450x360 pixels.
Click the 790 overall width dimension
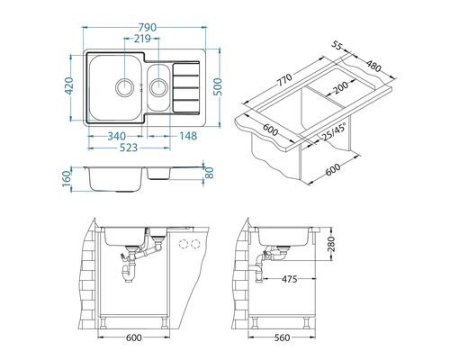click(148, 28)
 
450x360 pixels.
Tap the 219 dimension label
click(142, 39)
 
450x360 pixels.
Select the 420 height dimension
click(69, 86)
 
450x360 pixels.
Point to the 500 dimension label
click(218, 86)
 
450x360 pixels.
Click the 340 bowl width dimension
click(117, 136)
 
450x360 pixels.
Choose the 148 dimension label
click(188, 136)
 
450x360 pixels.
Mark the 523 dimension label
click(129, 148)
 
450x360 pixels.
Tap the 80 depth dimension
click(209, 173)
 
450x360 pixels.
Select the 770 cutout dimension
click(283, 80)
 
